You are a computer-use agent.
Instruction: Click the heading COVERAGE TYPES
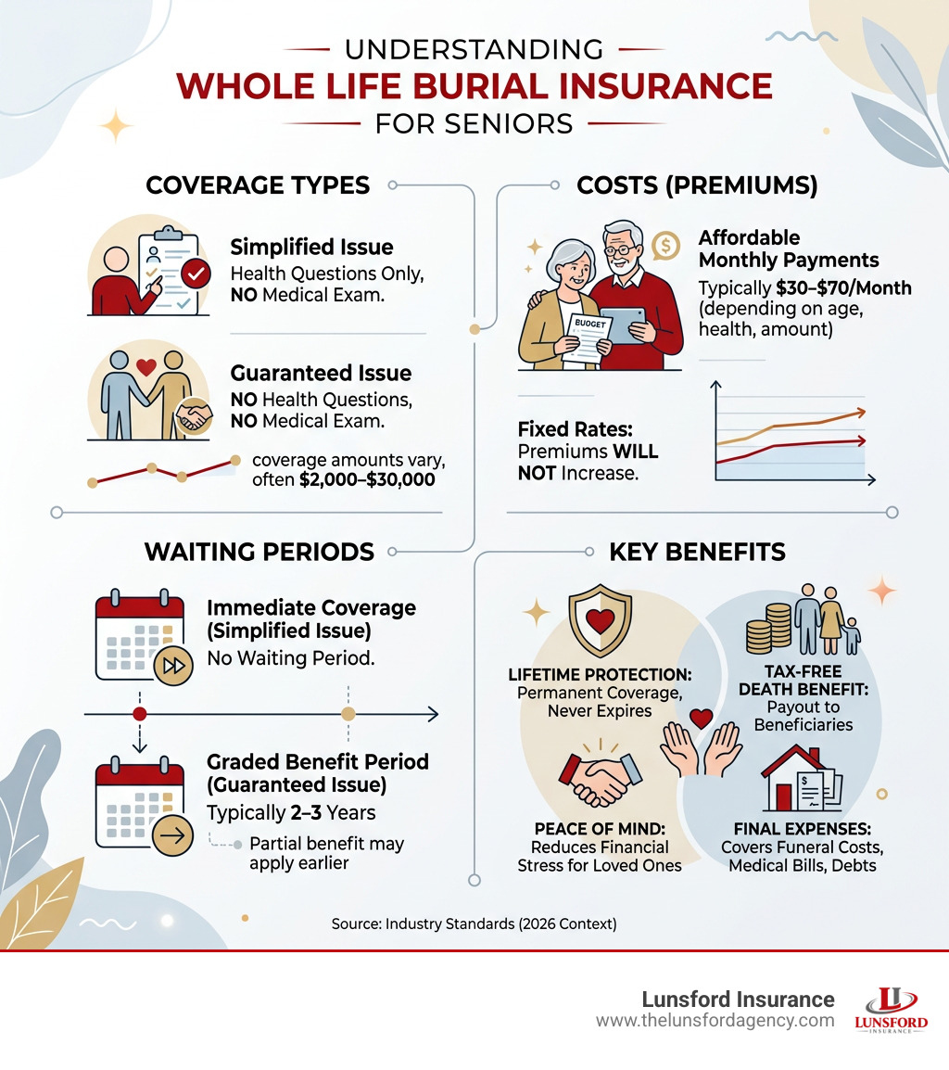click(x=258, y=185)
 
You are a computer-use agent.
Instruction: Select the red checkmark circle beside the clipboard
click(x=196, y=274)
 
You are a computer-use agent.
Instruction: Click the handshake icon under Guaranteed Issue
click(x=194, y=416)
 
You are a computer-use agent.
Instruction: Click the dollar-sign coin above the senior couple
click(x=665, y=245)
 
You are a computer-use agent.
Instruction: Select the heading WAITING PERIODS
click(x=259, y=553)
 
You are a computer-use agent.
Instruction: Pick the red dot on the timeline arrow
click(x=139, y=714)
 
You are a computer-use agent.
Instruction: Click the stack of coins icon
click(x=768, y=628)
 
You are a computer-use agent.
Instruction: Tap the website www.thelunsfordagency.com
click(x=715, y=1020)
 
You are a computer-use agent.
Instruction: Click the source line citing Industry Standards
click(x=474, y=924)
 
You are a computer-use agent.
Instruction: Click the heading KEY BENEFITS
click(x=697, y=553)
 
